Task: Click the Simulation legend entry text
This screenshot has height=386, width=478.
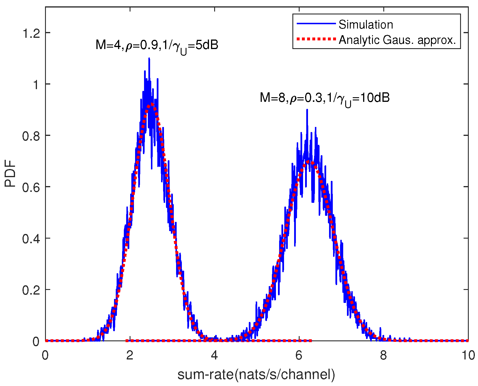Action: pyautogui.click(x=365, y=25)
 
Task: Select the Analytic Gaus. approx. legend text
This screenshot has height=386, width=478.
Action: pyautogui.click(x=397, y=40)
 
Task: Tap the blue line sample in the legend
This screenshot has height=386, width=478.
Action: pyautogui.click(x=316, y=23)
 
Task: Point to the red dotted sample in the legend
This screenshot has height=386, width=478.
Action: pyautogui.click(x=316, y=39)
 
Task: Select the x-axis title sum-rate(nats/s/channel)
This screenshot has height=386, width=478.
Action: pyautogui.click(x=256, y=374)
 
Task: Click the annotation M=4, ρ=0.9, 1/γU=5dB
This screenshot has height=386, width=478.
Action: pyautogui.click(x=157, y=46)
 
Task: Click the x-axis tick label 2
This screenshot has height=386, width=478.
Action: pyautogui.click(x=130, y=355)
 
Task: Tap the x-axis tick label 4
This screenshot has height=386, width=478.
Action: pyautogui.click(x=214, y=355)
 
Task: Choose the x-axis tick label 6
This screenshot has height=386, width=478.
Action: pyautogui.click(x=299, y=355)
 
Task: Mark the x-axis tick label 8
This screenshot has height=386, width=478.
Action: pyautogui.click(x=383, y=355)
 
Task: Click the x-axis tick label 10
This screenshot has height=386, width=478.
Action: pyautogui.click(x=468, y=355)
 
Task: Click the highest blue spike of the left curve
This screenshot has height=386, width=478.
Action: pyautogui.click(x=149, y=59)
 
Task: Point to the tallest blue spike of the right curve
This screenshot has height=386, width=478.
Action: pyautogui.click(x=307, y=110)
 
